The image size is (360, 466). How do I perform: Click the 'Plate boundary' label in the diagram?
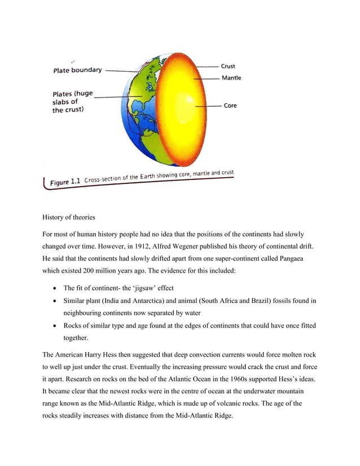click(x=77, y=70)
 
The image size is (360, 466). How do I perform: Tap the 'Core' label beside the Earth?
click(x=230, y=105)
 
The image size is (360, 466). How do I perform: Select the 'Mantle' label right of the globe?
click(x=231, y=78)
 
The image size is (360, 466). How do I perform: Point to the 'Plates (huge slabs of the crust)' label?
click(x=73, y=102)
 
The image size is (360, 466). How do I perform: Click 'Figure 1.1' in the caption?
click(x=66, y=182)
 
